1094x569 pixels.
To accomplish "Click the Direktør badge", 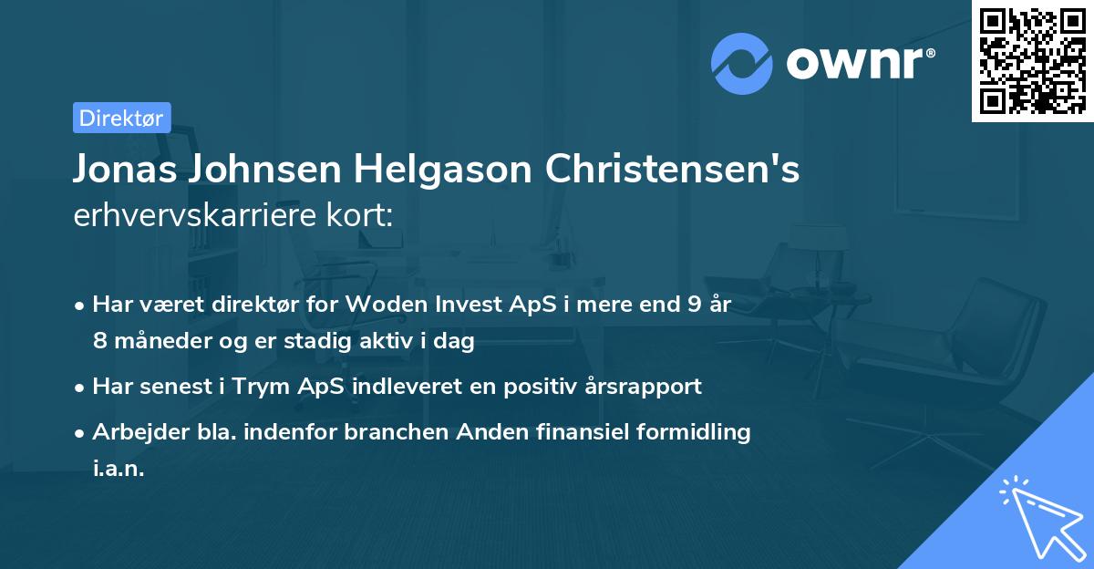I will [121, 118].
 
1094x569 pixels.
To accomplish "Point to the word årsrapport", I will [645, 386].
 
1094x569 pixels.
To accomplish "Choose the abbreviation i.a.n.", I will [119, 469].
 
